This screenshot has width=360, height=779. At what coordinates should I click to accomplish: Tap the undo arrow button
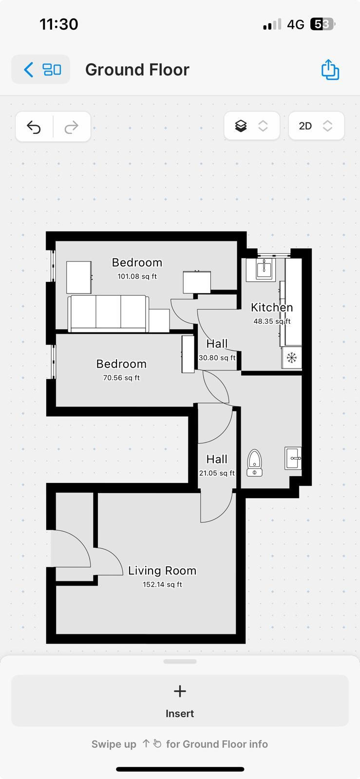(34, 127)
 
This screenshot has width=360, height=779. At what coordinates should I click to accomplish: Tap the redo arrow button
(72, 127)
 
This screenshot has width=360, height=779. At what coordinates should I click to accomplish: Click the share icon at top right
(330, 70)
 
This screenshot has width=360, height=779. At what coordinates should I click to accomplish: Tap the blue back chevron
(29, 70)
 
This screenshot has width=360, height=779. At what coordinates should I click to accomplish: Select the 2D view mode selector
(316, 126)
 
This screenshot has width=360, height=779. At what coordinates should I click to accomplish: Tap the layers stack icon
(241, 126)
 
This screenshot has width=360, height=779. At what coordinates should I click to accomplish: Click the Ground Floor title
(137, 70)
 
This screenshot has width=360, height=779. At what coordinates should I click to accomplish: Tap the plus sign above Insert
(180, 691)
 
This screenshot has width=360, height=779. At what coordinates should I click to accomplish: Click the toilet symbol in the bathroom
(254, 462)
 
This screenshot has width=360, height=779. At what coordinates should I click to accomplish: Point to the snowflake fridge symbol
(292, 358)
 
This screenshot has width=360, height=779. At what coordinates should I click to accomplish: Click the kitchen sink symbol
(264, 267)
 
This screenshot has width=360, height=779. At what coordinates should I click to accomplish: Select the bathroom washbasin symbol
(293, 458)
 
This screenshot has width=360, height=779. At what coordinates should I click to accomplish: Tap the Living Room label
(162, 571)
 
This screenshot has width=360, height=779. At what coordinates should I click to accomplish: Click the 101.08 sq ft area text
(137, 277)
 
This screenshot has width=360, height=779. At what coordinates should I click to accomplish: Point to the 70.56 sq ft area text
(121, 378)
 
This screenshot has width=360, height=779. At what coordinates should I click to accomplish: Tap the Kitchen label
(272, 307)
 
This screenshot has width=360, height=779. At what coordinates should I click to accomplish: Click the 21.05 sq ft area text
(217, 473)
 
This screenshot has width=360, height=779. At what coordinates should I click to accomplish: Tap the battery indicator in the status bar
(322, 24)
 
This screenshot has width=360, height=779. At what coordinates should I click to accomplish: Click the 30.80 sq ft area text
(217, 358)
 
